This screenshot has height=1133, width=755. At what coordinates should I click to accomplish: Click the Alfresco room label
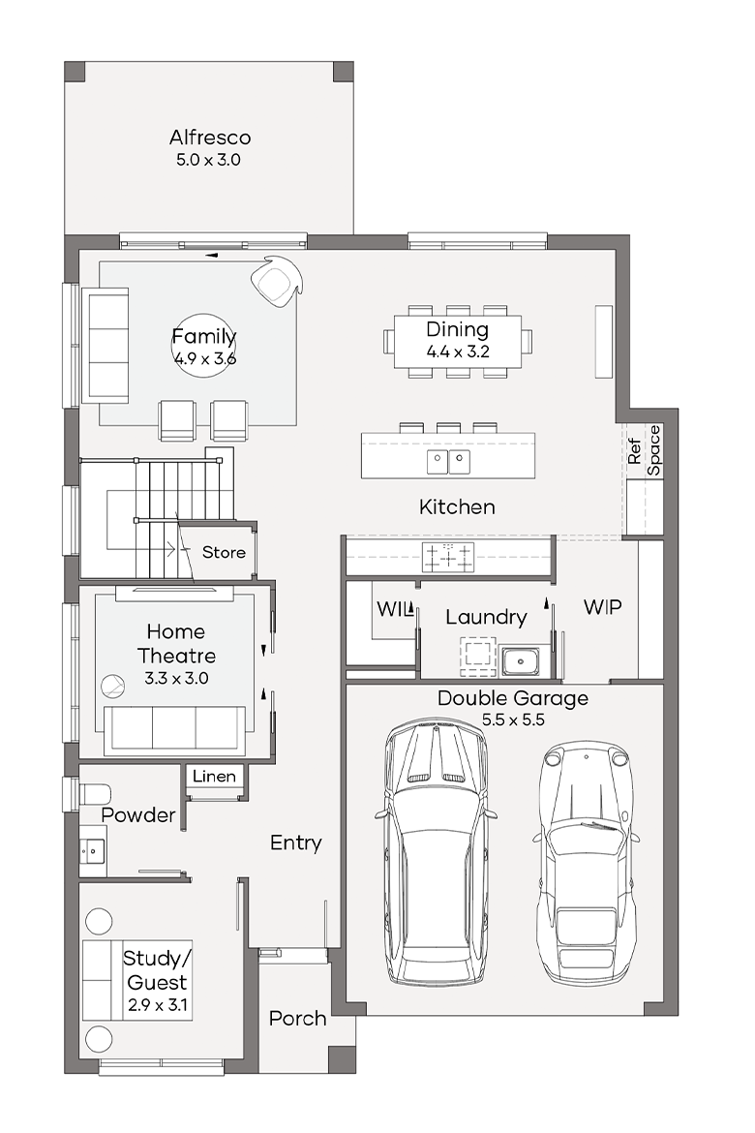click(210, 138)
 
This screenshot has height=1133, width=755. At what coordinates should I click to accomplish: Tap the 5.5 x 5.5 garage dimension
click(514, 720)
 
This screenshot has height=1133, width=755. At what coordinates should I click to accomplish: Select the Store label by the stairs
click(224, 552)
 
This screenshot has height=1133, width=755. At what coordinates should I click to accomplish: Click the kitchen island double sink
click(449, 461)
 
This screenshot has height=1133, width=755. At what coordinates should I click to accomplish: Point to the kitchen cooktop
click(449, 558)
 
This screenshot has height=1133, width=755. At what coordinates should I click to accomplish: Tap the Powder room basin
click(93, 852)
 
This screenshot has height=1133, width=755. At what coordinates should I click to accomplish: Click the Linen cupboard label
click(215, 776)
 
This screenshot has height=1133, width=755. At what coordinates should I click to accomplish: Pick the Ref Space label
click(644, 450)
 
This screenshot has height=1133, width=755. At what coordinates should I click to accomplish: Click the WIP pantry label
click(603, 607)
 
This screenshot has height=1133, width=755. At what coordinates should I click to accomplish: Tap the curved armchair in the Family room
click(276, 281)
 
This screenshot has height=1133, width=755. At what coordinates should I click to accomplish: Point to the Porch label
click(298, 1018)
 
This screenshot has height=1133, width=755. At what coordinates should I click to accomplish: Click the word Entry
click(295, 842)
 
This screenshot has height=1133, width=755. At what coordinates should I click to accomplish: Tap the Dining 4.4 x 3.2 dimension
click(458, 352)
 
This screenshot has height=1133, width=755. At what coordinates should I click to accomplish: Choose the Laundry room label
click(486, 617)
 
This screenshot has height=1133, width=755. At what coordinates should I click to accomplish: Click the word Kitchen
click(457, 506)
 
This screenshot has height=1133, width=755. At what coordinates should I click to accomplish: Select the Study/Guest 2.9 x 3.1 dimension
click(158, 1004)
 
